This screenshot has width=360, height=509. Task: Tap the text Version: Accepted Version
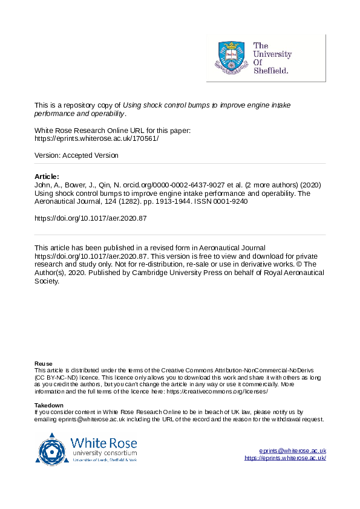76,155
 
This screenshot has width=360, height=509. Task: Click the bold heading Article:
47,177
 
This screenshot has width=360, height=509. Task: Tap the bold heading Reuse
44,363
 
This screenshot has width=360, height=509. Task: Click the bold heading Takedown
49,405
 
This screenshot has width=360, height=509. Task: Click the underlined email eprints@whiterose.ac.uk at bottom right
293,451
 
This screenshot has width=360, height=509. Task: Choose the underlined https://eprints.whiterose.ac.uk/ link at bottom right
285,458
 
